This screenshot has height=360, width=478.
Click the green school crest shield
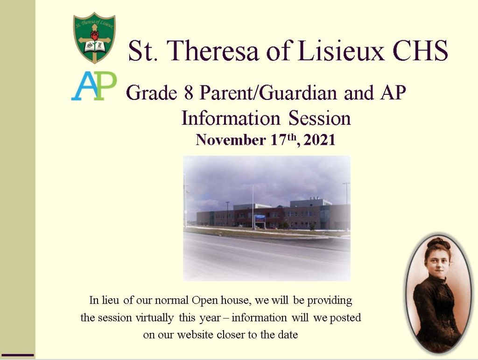pos(94,38)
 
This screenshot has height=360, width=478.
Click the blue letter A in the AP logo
pos(83,86)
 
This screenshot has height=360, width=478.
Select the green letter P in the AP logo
pos(105,85)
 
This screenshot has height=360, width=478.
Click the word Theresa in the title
pos(212,50)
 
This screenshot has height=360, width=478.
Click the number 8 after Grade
pos(189,92)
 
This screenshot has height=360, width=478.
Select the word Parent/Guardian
pos(268,93)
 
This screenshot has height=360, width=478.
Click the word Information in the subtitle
pos(231,118)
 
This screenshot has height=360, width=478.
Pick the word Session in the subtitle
pos(319,118)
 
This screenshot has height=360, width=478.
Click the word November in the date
pos(231,140)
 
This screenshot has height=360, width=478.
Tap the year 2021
pos(319,140)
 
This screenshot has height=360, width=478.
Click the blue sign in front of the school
pos(260,218)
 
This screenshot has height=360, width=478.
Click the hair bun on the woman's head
pos(438,243)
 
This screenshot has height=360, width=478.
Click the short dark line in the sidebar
pos(18,355)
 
